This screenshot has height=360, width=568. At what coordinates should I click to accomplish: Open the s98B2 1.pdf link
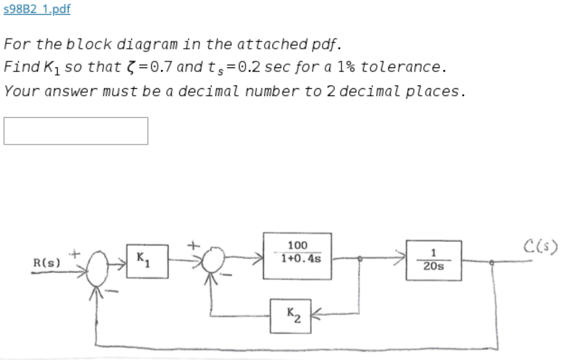pos(37,9)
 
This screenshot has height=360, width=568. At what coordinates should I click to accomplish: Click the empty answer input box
pos(76,131)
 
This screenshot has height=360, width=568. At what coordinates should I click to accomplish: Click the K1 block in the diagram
pos(145,259)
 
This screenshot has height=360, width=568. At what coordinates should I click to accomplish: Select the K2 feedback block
pos(291,316)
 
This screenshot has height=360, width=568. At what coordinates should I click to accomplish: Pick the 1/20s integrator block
pos(433,260)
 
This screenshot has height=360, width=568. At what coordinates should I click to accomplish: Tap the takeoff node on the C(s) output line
pos(492,263)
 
